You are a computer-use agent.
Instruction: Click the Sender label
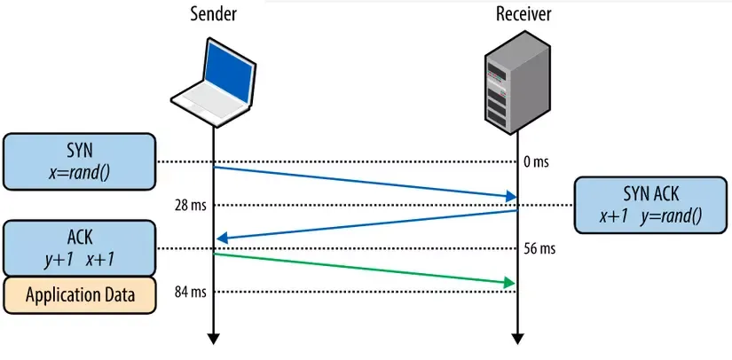click(213, 14)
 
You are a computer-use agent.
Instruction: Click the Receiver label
click(523, 14)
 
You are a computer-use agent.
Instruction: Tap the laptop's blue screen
click(229, 70)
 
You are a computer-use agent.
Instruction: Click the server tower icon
click(516, 82)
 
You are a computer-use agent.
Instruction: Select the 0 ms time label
click(537, 163)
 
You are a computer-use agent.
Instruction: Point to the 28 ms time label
click(191, 205)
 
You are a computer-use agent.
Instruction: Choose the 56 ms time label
click(540, 248)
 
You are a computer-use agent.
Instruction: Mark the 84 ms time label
click(191, 293)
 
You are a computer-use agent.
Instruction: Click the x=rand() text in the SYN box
click(79, 174)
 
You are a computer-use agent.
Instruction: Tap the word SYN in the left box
click(79, 151)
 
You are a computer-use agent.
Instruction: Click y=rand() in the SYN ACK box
click(671, 216)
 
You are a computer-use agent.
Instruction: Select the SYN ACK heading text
click(650, 194)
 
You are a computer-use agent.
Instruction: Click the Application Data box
click(79, 295)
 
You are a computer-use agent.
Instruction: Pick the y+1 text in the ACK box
click(59, 260)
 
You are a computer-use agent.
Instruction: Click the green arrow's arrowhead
click(509, 282)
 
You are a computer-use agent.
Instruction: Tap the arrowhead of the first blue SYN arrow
click(510, 196)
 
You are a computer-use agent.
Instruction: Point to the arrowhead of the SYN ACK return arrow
click(223, 239)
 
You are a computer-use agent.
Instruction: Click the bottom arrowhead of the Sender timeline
click(213, 339)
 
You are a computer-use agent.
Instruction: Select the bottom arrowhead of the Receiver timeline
click(517, 339)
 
